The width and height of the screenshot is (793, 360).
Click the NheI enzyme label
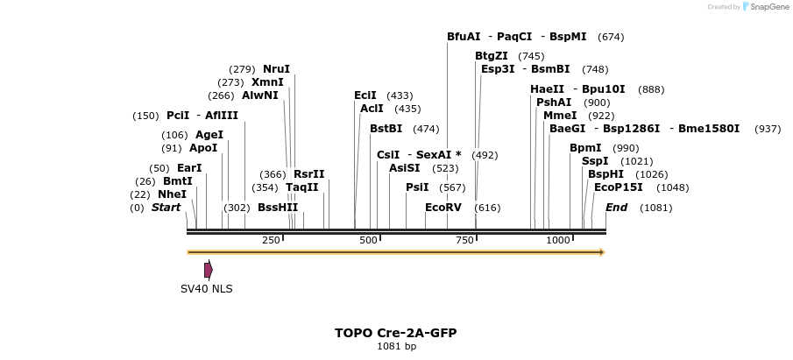(172, 194)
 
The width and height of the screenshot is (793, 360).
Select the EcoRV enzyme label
(443, 208)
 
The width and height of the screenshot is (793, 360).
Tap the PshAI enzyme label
(554, 102)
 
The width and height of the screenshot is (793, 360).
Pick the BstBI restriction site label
(386, 129)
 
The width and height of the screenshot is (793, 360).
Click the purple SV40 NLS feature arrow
(209, 270)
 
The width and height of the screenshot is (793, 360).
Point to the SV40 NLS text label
(207, 289)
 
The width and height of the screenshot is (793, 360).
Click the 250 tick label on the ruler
(271, 240)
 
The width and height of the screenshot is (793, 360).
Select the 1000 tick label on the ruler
(558, 240)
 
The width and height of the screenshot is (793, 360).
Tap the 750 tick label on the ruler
(464, 240)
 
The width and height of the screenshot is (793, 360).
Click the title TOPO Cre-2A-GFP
(395, 333)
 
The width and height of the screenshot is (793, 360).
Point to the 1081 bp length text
(396, 347)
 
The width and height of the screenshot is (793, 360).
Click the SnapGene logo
(765, 7)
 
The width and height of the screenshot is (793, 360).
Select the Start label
(166, 208)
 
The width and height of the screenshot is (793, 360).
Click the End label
(616, 208)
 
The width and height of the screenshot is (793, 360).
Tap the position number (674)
(611, 37)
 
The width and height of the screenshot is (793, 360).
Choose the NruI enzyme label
(276, 69)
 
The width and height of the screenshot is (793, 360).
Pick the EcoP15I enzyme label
(618, 187)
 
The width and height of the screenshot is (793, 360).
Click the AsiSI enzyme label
(405, 168)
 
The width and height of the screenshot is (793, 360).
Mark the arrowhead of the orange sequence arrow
(601, 252)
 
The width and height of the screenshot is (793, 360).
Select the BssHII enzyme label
(278, 208)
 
